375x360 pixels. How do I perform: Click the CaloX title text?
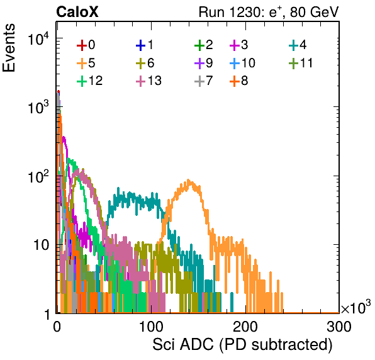[77, 12]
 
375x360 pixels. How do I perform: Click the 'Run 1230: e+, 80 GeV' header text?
[269, 12]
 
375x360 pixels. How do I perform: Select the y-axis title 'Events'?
[9, 48]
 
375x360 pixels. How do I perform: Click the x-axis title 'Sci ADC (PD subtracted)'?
[242, 345]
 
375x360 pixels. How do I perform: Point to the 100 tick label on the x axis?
[151, 326]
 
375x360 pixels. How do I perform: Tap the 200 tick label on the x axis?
[245, 326]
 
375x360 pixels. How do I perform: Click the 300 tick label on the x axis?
[339, 326]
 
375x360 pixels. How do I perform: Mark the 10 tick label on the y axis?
[41, 245]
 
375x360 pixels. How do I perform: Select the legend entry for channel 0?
[86, 45]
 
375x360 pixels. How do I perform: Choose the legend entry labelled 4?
[298, 45]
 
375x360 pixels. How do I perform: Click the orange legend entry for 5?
[86, 63]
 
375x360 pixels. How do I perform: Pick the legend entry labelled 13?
[148, 81]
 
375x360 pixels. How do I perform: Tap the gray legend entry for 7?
[203, 81]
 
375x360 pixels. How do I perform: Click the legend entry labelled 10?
[242, 63]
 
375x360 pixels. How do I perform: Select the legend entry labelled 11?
[301, 63]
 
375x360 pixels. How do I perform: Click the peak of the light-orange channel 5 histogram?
[188, 180]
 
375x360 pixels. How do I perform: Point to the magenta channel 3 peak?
[64, 137]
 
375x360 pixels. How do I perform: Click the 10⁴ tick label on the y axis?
[38, 39]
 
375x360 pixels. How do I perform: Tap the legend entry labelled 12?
[90, 81]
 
